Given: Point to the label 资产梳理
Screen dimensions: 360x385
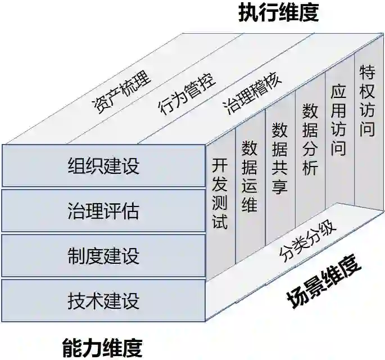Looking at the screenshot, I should tap(121, 93).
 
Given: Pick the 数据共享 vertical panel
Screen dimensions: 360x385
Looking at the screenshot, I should tap(279, 159).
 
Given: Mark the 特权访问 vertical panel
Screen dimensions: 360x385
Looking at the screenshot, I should tap(367, 101).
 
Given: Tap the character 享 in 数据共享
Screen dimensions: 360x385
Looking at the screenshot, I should tap(279, 185).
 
